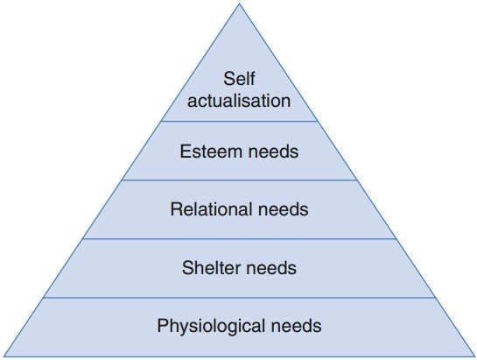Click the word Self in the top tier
coord(239,79)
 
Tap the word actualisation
coord(239,100)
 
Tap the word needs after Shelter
coord(271,268)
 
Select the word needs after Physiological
coord(296,326)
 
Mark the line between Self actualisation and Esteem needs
coord(239,121)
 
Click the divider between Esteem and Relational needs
coord(239,180)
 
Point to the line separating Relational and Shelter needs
coord(239,239)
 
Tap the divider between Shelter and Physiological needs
coord(239,298)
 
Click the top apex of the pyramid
coord(239,4)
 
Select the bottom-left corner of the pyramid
coord(4,356)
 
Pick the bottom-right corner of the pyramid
coord(474,356)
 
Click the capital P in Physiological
coord(163,325)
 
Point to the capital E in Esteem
coord(186,151)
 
